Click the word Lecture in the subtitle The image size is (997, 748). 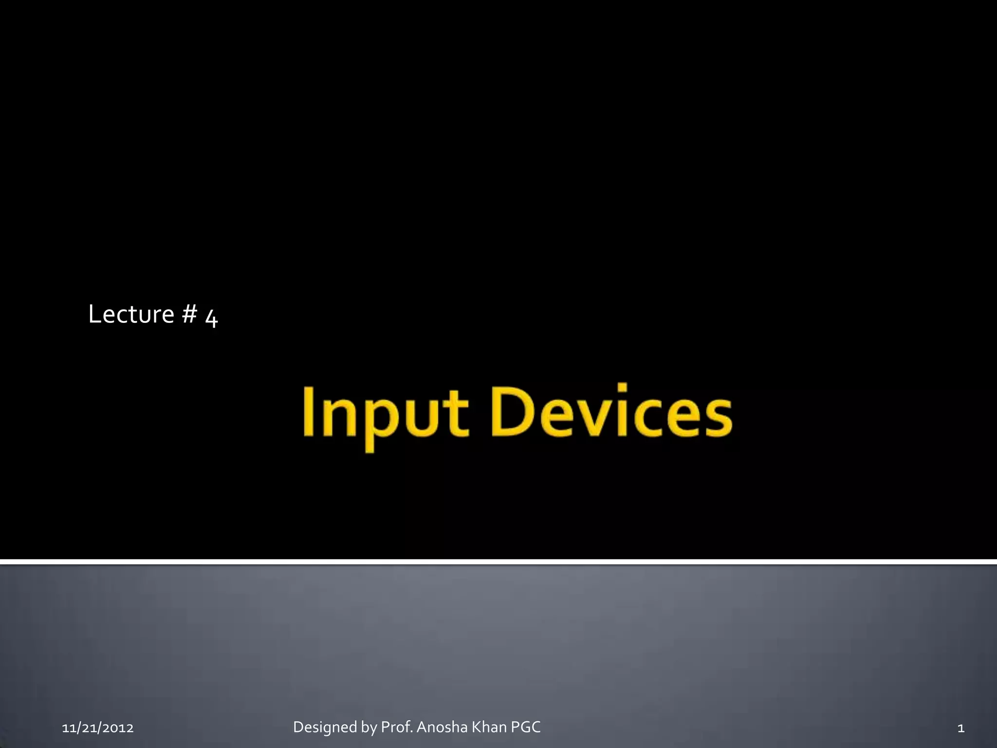[x=131, y=314]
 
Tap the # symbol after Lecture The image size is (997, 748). [x=189, y=314]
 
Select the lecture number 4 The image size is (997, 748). [x=211, y=318]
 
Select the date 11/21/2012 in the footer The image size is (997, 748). [x=98, y=728]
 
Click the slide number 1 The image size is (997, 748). [x=960, y=728]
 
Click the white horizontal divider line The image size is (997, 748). [x=498, y=562]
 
